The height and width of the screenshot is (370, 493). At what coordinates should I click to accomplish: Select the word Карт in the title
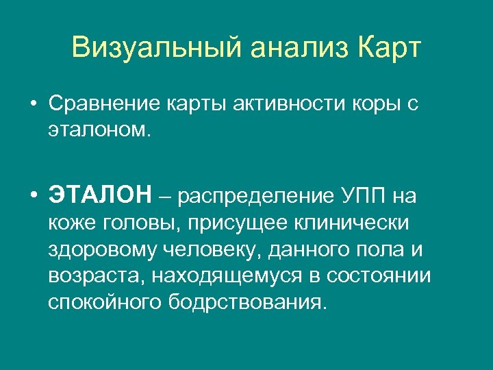click(390, 49)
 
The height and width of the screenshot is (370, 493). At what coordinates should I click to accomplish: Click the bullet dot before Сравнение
click(33, 103)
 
